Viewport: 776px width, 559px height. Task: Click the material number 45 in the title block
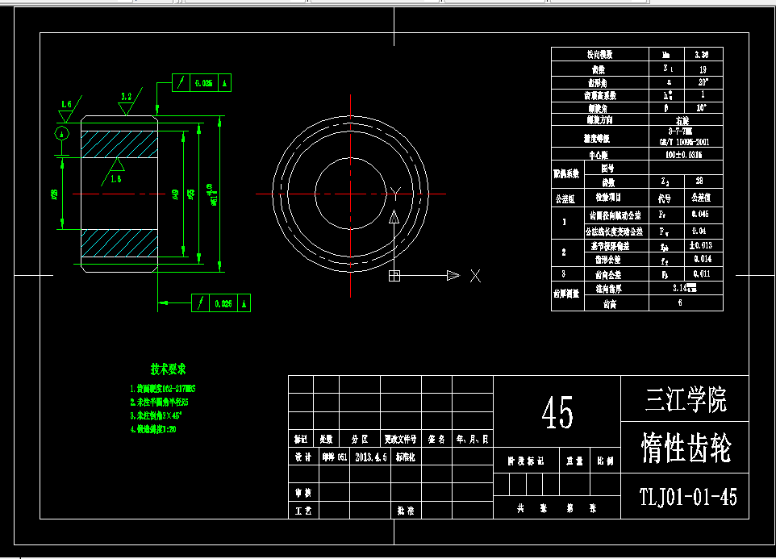(557, 413)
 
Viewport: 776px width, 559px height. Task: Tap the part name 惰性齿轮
(686, 448)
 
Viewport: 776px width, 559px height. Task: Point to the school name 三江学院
(686, 398)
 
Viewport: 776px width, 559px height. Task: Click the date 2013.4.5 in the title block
(371, 457)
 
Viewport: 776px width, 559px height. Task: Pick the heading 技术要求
(169, 369)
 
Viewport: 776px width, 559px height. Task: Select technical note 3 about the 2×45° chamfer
(157, 415)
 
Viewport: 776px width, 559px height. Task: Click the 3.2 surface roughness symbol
(126, 98)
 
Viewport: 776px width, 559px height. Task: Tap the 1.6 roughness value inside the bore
(115, 177)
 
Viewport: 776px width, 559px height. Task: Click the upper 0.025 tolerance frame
(203, 82)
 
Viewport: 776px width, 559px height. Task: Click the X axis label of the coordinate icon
(475, 276)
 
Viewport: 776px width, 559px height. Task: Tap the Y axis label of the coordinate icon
(394, 192)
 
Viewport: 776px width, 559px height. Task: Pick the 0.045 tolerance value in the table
(699, 215)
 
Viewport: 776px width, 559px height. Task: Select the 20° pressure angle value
(701, 81)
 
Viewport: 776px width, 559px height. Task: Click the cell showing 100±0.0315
(686, 154)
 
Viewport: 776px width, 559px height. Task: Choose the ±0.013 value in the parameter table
(699, 245)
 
